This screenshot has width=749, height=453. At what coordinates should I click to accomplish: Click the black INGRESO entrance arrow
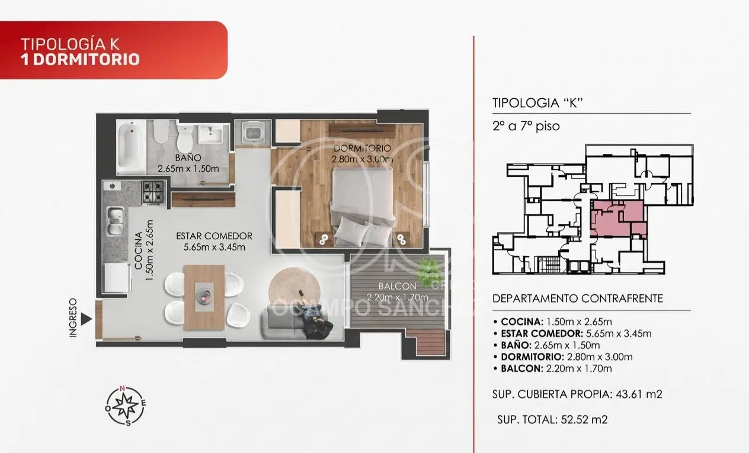[x=85, y=319]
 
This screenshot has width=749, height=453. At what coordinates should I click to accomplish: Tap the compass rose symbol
[x=126, y=406]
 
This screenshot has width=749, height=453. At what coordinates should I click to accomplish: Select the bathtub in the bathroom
[x=131, y=147]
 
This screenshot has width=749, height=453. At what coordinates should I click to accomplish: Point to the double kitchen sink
[x=116, y=221]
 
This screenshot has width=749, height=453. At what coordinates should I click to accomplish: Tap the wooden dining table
[x=204, y=297]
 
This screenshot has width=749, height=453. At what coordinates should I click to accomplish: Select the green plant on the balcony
[x=428, y=272]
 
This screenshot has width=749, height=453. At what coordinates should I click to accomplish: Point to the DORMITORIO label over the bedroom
[x=362, y=148]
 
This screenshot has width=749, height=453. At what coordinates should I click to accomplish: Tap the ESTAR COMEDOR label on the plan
[x=214, y=236]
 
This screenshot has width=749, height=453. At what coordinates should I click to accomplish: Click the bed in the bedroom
[x=363, y=207]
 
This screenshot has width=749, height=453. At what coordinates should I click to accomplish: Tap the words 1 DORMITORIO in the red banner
[x=80, y=59]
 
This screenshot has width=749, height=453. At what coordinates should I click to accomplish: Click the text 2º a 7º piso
[x=526, y=126]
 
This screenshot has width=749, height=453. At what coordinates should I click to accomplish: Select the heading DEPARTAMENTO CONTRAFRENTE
[x=578, y=298]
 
